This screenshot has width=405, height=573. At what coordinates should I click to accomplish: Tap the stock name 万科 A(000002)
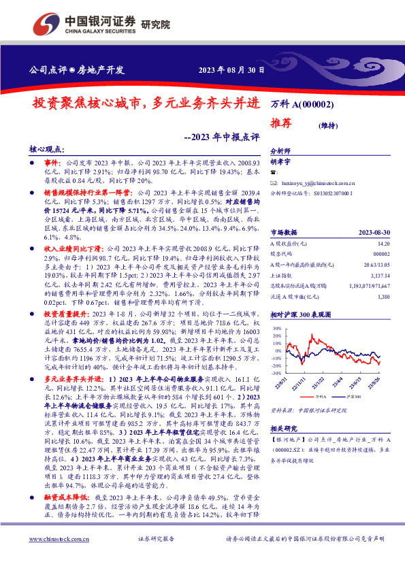click(302, 105)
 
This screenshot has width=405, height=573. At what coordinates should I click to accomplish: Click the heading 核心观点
click(46, 147)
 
